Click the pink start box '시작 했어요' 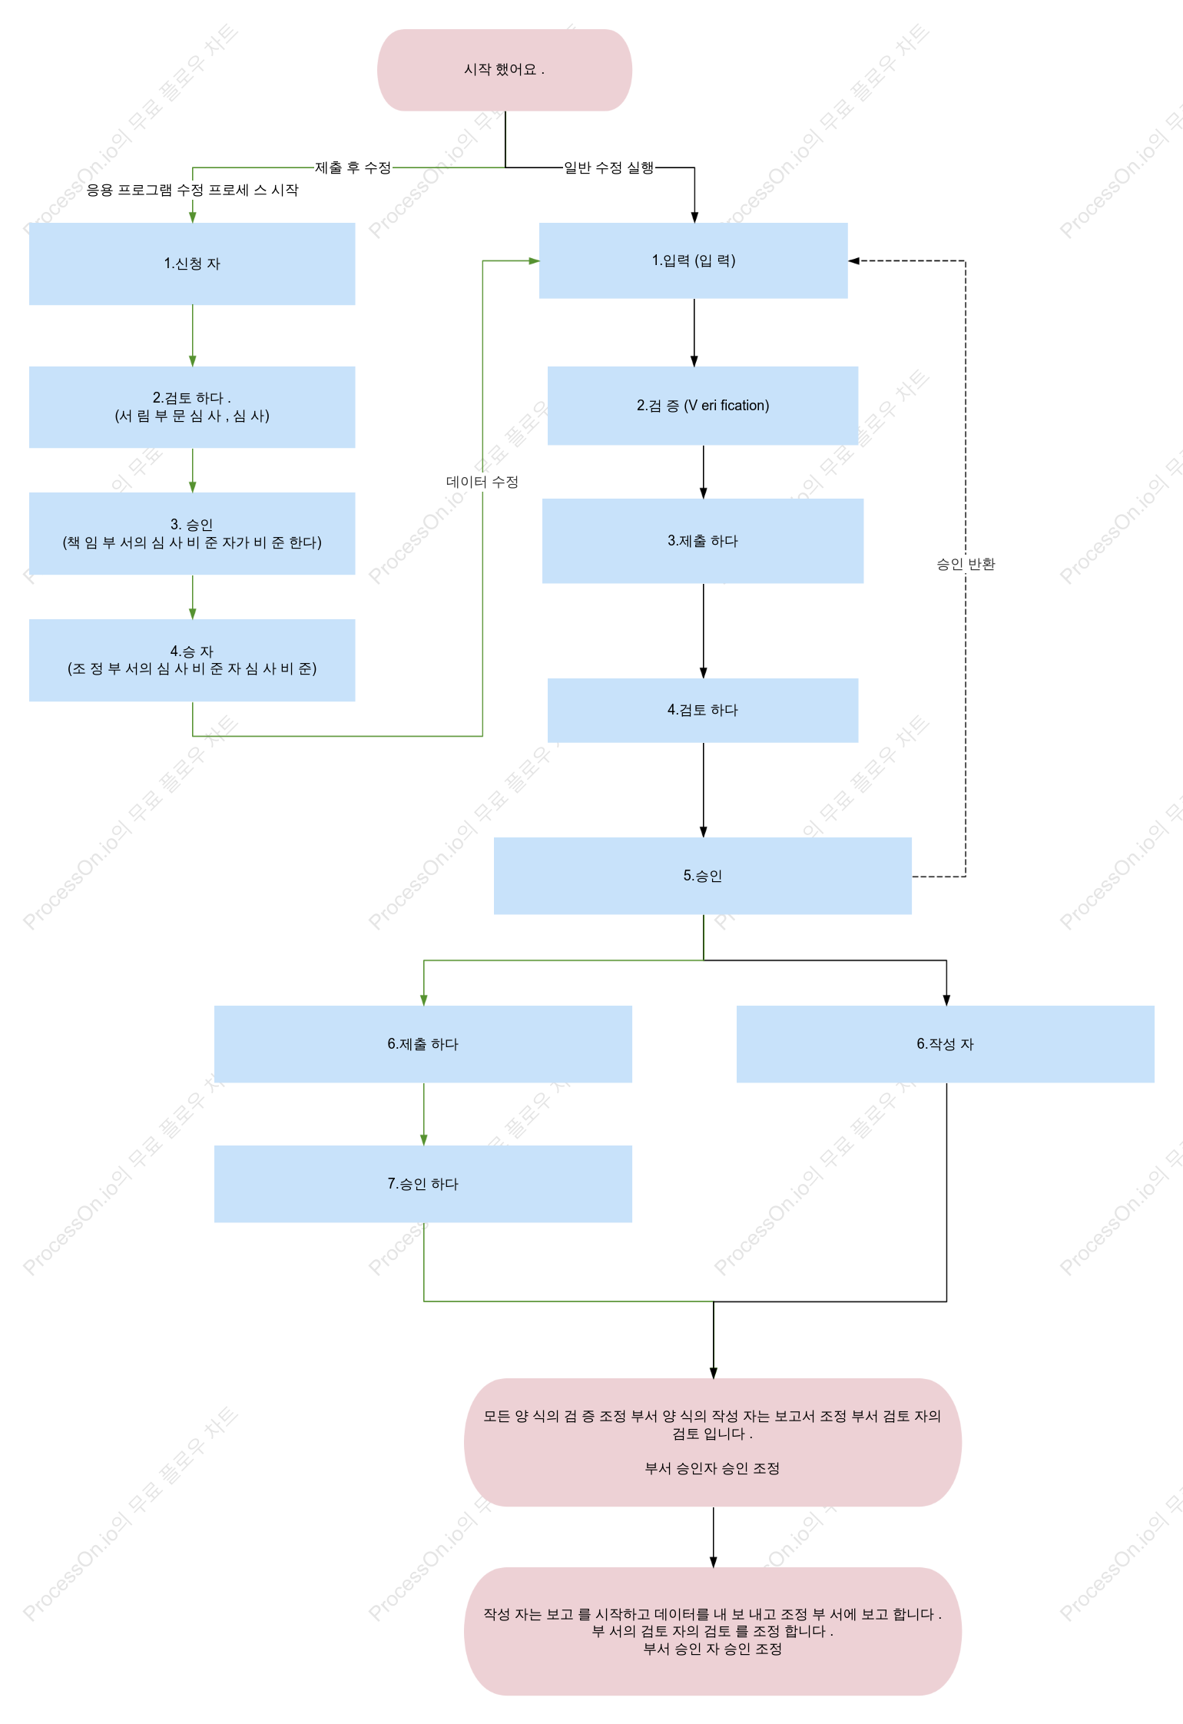click(x=505, y=70)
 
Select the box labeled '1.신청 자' click(x=192, y=264)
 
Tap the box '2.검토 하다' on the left click(x=192, y=407)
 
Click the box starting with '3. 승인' click(x=192, y=533)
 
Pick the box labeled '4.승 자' click(x=192, y=660)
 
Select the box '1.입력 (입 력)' click(x=694, y=260)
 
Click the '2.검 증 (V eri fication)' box click(x=703, y=406)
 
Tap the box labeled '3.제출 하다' click(x=703, y=541)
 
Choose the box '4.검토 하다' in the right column click(x=703, y=710)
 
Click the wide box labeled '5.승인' click(x=703, y=876)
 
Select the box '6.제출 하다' click(x=423, y=1044)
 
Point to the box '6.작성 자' click(x=946, y=1044)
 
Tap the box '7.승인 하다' click(x=423, y=1184)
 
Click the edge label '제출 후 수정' click(x=353, y=167)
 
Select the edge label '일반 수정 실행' click(x=609, y=167)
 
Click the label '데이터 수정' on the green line click(x=482, y=482)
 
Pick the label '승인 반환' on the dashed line click(x=966, y=564)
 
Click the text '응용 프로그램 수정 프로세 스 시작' click(x=192, y=190)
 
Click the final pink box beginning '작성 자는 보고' click(x=713, y=1631)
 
